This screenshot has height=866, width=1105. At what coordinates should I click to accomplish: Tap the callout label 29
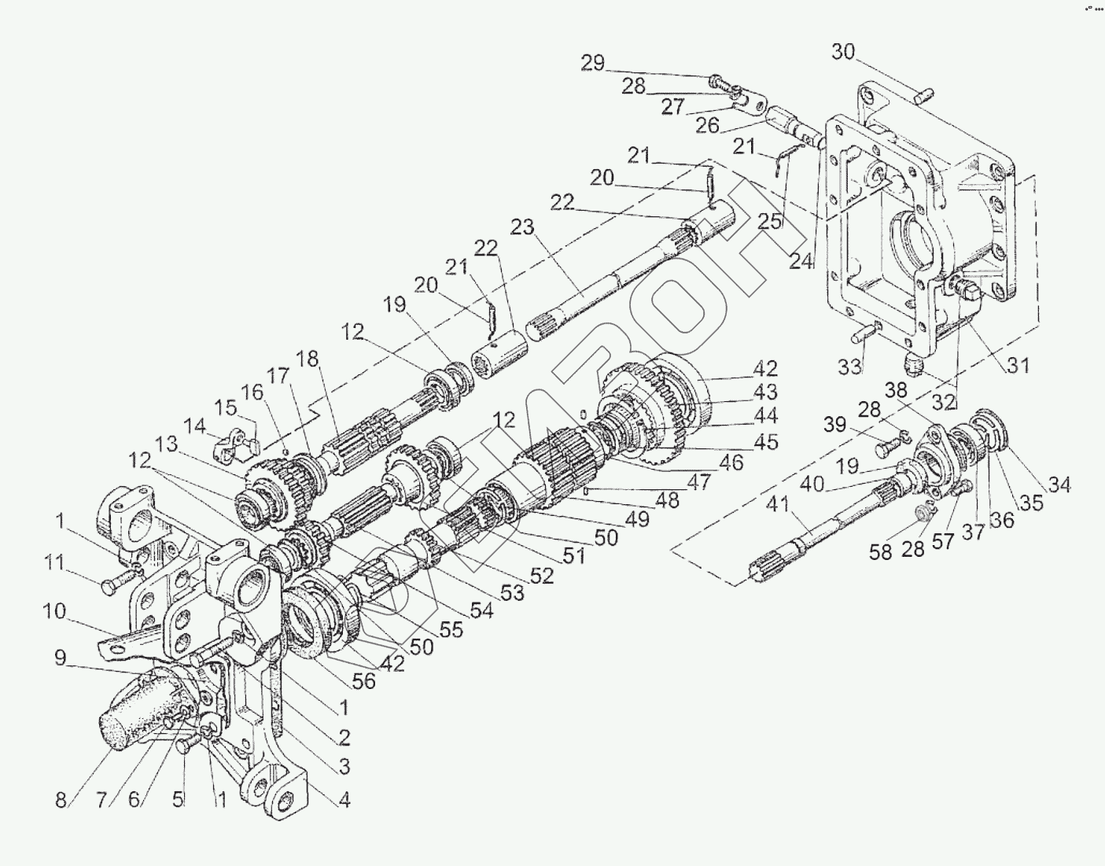593,63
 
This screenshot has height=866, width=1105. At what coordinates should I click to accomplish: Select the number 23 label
522,228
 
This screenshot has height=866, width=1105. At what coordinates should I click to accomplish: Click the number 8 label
62,802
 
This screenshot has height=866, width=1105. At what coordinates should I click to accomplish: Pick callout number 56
364,681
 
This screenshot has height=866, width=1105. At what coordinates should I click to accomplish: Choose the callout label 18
308,360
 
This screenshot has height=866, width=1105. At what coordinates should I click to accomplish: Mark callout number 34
1059,486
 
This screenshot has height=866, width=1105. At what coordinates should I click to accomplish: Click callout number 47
698,481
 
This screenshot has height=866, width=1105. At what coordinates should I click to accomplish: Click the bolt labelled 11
111,586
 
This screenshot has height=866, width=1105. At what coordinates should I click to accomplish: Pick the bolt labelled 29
717,80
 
